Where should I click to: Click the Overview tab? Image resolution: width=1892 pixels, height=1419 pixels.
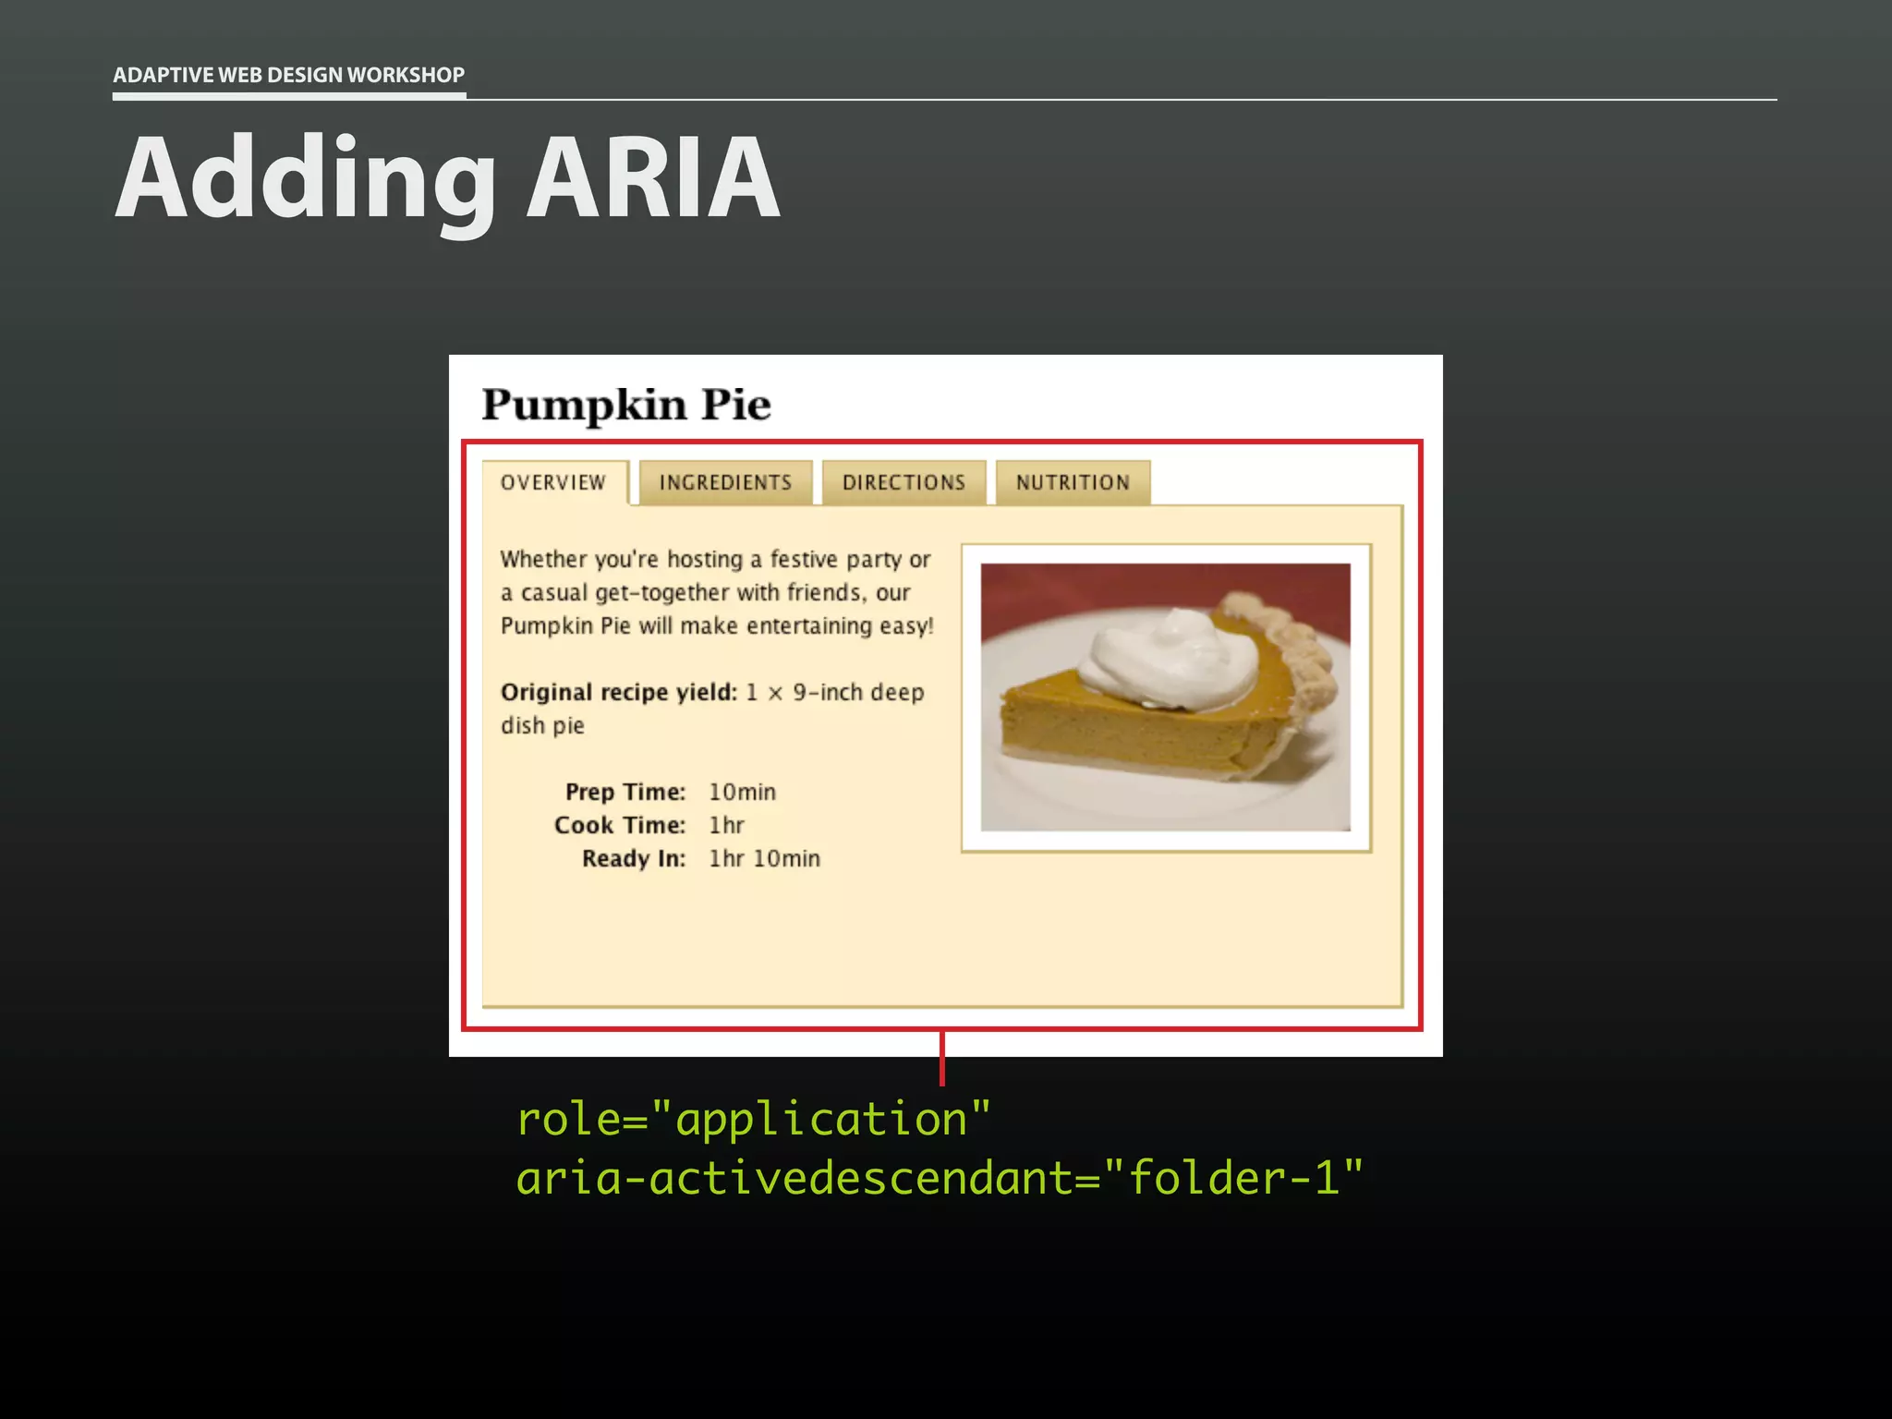coord(553,482)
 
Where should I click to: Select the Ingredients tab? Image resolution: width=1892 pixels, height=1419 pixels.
coord(725,482)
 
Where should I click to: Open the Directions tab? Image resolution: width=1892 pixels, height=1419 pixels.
coord(904,482)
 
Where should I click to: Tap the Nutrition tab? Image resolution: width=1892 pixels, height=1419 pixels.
coord(1073,482)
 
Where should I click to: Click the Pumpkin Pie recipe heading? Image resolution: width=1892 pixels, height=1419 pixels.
coord(625,405)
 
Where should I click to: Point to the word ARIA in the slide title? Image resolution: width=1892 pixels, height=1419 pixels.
coord(653,177)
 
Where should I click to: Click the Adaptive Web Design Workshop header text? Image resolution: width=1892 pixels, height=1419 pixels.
coord(288,75)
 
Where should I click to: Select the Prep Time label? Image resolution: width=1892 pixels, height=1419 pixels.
coord(625,792)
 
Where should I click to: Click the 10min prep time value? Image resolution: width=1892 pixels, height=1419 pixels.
coord(742,792)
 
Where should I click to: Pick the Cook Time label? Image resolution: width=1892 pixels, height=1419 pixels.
coord(619,825)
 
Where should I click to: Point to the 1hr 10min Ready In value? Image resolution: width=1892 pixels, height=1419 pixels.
coord(764,858)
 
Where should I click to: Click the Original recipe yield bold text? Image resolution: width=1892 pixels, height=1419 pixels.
coord(618,692)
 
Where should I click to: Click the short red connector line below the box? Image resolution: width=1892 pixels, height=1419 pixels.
coord(941,1059)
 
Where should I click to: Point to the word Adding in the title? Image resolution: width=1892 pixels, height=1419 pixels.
coord(305,177)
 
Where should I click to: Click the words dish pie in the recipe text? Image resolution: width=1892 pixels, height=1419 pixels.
coord(542,725)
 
